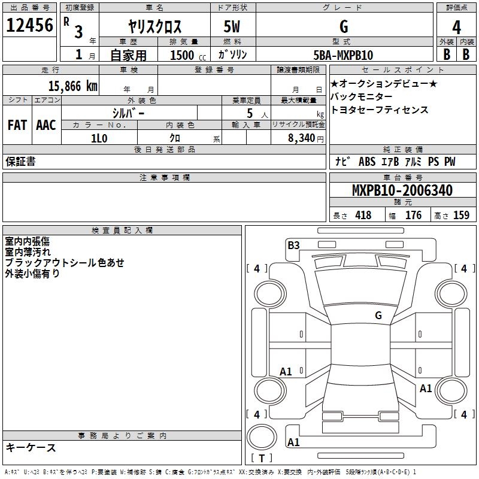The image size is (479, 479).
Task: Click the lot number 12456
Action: click(x=29, y=26)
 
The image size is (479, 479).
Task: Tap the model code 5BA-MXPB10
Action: click(x=343, y=55)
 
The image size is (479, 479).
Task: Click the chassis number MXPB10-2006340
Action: click(x=402, y=190)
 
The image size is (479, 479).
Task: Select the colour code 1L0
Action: click(x=99, y=138)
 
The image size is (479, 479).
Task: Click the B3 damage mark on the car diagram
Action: click(x=293, y=245)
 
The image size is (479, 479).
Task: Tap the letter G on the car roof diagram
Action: click(x=378, y=315)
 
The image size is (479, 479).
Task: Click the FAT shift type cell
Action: click(x=17, y=125)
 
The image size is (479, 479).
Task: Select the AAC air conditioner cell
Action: click(x=46, y=125)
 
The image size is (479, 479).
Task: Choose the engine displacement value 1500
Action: click(x=182, y=55)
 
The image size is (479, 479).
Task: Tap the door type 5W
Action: click(x=233, y=27)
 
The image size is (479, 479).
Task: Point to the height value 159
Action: click(x=461, y=216)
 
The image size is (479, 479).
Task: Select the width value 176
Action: click(x=413, y=216)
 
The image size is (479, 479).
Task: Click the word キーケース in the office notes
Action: click(x=31, y=447)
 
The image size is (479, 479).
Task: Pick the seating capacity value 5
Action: click(x=249, y=113)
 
